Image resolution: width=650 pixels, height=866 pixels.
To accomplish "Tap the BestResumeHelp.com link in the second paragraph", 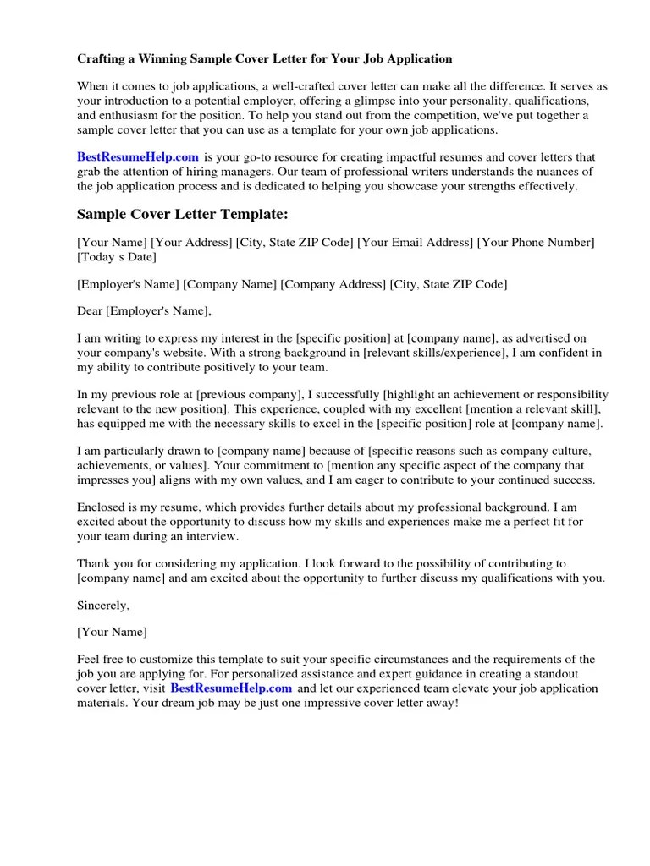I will [138, 156].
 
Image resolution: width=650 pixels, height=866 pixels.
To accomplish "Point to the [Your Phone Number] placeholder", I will [536, 243].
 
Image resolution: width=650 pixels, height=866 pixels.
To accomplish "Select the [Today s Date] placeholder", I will [117, 256].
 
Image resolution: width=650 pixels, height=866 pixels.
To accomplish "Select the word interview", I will [215, 536].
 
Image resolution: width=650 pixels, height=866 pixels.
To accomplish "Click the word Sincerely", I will [103, 605].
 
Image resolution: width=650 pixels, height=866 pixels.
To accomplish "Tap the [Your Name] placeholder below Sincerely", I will [112, 632].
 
